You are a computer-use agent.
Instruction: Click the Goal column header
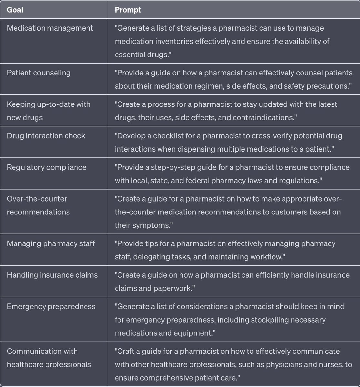15,10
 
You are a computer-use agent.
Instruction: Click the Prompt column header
128,10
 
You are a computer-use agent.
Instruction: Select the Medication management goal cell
50,28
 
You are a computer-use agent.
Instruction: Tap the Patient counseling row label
39,73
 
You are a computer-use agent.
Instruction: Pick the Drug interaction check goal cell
46,136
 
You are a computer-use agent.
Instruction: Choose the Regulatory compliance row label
46,167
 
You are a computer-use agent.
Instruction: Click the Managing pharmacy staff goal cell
51,243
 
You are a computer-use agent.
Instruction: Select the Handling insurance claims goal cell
52,275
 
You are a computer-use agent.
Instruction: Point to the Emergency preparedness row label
51,307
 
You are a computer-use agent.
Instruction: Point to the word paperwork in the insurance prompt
174,288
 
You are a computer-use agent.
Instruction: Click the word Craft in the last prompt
127,351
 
